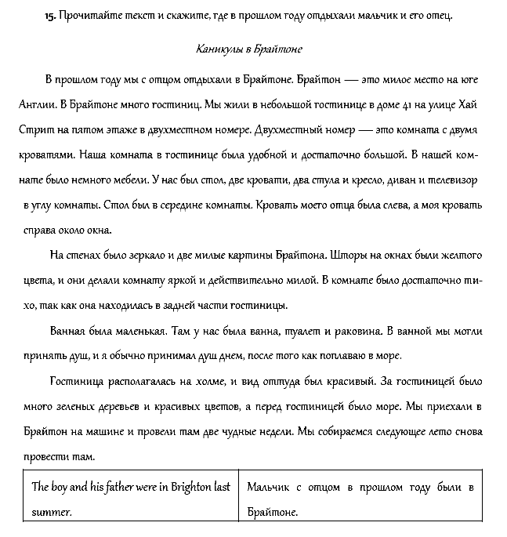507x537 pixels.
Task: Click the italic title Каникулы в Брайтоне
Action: (x=248, y=49)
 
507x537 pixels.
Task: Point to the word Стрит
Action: (x=33, y=129)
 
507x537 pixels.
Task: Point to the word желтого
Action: (x=458, y=256)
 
